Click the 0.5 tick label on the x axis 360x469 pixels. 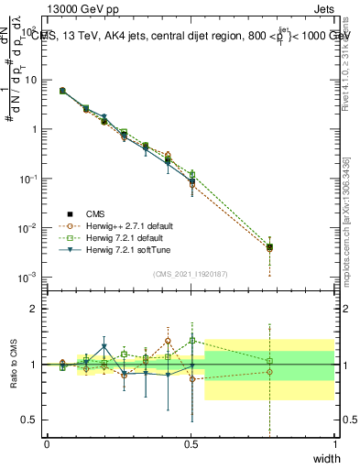click(191, 444)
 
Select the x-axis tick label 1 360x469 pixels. click(334, 444)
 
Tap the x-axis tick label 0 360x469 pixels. click(47, 444)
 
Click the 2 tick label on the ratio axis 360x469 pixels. click(35, 309)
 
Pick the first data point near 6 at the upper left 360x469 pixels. click(62, 91)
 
